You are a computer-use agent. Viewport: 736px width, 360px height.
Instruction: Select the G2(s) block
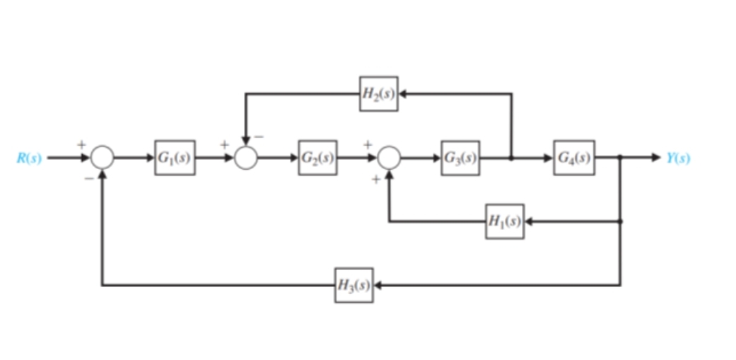318,158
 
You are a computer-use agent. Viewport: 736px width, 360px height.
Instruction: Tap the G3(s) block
460,158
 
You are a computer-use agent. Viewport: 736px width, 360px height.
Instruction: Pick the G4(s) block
574,158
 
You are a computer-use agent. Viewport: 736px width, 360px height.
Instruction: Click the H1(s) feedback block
505,221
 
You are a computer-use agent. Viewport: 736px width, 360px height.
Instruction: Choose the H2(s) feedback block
378,94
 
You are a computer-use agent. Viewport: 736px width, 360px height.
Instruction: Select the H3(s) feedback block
354,285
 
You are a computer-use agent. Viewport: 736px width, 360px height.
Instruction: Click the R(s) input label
29,158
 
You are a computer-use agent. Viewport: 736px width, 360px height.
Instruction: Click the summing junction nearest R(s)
103,158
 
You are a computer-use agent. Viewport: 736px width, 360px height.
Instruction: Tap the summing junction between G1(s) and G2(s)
245,158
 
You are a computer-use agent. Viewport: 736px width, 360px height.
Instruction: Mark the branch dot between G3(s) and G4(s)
511,158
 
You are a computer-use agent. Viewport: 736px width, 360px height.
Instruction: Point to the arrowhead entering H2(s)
404,94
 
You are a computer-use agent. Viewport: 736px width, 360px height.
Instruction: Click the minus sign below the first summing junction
88,179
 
